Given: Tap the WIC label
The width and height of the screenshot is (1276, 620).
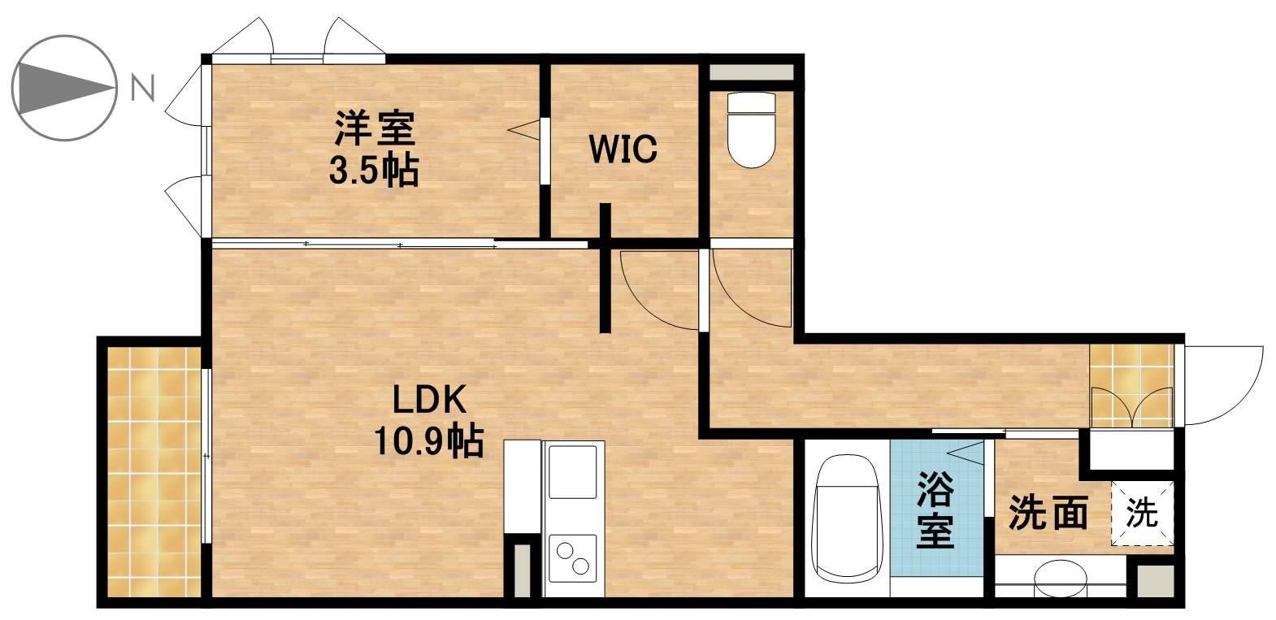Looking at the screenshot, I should [x=623, y=150].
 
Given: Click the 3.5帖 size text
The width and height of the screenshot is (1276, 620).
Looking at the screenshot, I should [x=374, y=171].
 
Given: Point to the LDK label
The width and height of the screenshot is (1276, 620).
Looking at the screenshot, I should [x=428, y=401].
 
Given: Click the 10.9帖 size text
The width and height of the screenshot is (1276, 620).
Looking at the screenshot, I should [x=428, y=443].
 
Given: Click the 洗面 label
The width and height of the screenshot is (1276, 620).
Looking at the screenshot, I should [x=1048, y=514].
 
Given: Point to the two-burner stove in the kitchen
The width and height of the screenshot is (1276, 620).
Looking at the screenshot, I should [x=573, y=557].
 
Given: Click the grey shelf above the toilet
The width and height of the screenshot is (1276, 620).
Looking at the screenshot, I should [x=750, y=70].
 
